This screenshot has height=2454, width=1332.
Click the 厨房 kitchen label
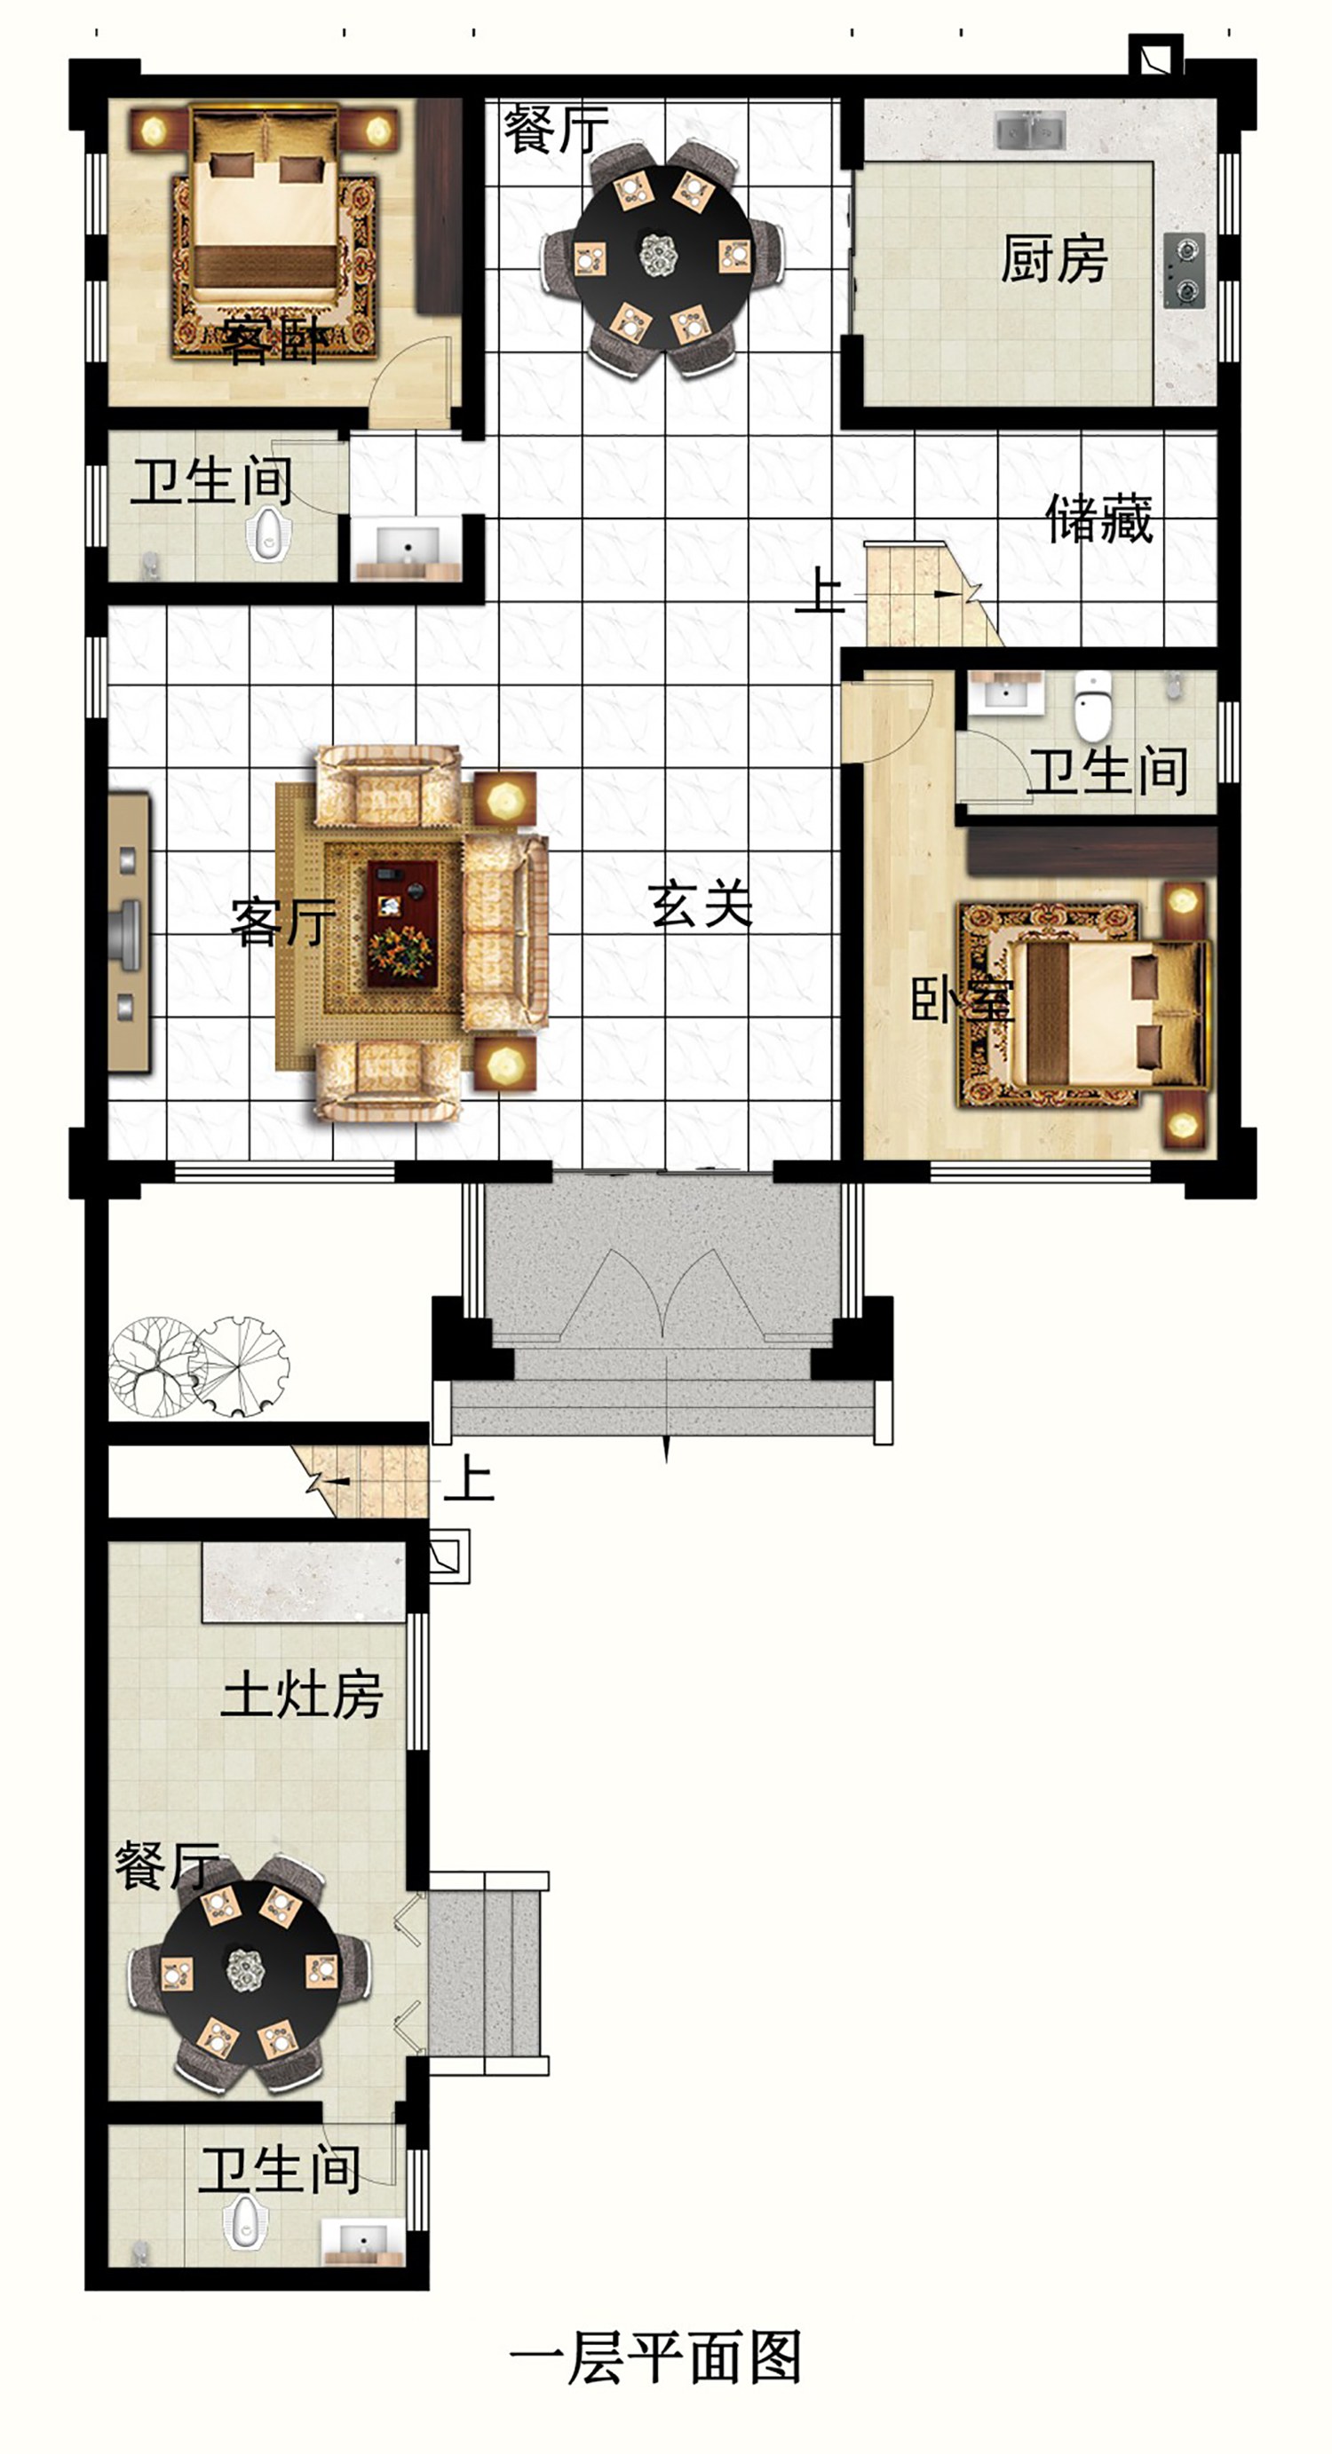pyautogui.click(x=1054, y=259)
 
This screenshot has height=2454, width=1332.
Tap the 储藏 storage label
pyautogui.click(x=1099, y=519)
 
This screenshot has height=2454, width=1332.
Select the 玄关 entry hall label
pyautogui.click(x=702, y=904)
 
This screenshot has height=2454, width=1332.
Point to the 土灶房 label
pyautogui.click(x=302, y=1695)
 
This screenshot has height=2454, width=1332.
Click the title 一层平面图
pyautogui.click(x=655, y=2358)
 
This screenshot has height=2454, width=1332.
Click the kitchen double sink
pyautogui.click(x=1030, y=130)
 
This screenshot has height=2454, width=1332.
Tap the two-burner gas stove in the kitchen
pyautogui.click(x=1185, y=270)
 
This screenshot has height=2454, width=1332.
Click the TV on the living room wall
pyautogui.click(x=128, y=932)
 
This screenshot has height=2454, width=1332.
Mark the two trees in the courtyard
pyautogui.click(x=199, y=1367)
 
